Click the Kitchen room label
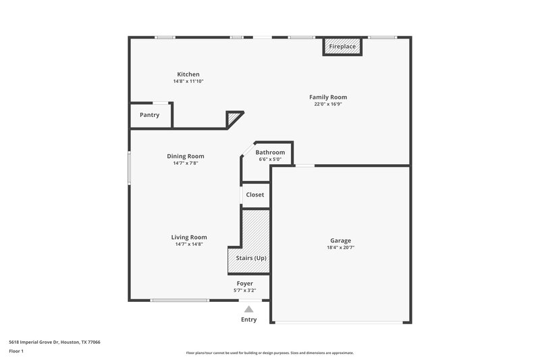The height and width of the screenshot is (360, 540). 188,74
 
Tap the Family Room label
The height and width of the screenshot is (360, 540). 328,97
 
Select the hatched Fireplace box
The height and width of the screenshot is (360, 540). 343,47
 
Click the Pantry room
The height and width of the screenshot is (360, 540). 150,115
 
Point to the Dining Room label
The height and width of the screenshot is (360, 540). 186,156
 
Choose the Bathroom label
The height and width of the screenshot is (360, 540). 270,153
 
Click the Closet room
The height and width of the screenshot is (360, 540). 255,195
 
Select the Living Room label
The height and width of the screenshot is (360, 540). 189,237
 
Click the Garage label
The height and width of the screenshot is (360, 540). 340,240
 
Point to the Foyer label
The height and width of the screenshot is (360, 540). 244,283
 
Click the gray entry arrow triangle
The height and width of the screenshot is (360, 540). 248,309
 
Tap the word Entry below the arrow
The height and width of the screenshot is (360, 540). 249,319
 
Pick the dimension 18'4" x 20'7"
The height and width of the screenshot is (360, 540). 340,248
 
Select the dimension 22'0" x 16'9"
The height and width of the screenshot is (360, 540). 328,105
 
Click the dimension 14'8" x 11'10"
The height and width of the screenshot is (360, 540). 188,81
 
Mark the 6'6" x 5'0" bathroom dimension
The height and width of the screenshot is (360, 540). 270,159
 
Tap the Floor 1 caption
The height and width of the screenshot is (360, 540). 16,351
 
